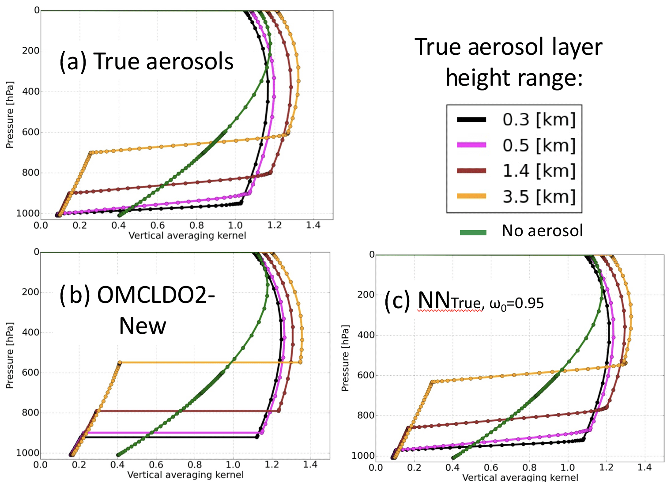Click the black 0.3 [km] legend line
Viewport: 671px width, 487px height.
(471, 120)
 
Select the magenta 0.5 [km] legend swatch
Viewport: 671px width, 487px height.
(471, 145)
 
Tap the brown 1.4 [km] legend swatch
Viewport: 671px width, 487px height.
(471, 171)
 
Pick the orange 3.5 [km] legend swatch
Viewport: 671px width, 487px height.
(471, 196)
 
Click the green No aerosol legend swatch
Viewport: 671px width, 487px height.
(473, 232)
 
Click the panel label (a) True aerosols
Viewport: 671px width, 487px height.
(146, 61)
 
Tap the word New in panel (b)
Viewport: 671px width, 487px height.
(143, 326)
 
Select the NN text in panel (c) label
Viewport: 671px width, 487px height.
(434, 301)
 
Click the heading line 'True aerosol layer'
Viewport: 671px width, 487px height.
(508, 47)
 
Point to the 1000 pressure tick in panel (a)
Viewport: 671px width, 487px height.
(28, 214)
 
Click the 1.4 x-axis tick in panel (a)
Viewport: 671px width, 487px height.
(313, 226)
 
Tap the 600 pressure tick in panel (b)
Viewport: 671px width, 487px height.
(30, 373)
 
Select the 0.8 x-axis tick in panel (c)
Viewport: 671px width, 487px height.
(529, 468)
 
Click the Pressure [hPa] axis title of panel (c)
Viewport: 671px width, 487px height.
(345, 358)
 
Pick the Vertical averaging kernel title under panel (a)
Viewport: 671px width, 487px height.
(187, 235)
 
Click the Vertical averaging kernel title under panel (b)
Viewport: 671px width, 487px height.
(185, 475)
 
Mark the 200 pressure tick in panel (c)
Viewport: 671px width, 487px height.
(366, 294)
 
